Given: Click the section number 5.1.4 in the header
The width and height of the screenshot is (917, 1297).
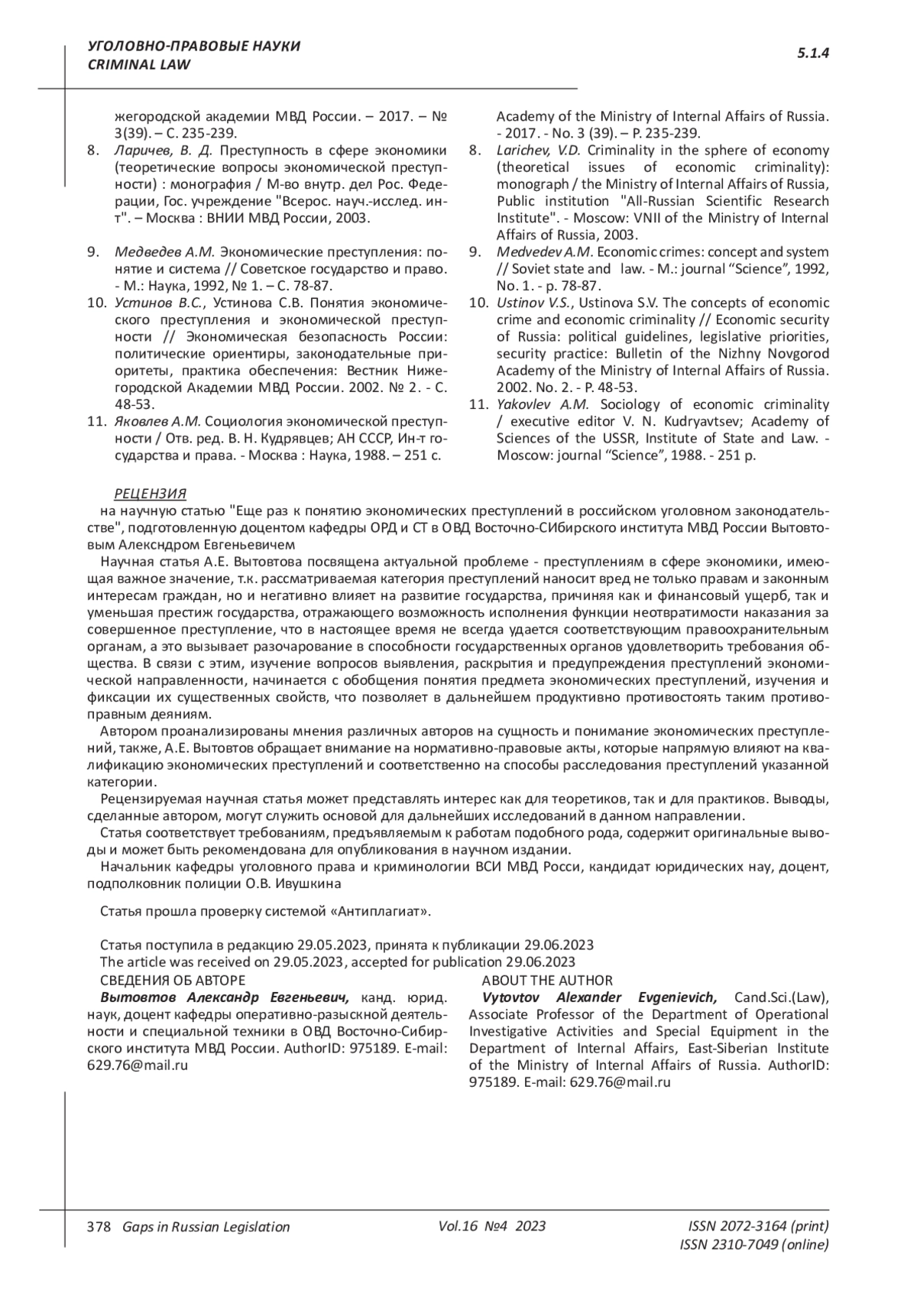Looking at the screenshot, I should [813, 53].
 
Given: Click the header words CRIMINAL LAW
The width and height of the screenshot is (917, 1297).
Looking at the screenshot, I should [139, 64].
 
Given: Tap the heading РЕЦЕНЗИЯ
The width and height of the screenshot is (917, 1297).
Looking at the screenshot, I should [150, 493].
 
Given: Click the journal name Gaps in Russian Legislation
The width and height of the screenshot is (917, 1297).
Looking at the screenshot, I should [201, 1227].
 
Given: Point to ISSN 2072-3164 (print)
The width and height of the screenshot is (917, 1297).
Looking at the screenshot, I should [758, 1226].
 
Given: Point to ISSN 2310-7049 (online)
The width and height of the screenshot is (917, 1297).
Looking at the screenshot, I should [753, 1244].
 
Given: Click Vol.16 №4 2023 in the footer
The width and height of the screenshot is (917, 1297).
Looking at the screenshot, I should [492, 1226].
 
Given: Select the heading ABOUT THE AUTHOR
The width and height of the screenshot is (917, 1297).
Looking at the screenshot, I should [547, 981].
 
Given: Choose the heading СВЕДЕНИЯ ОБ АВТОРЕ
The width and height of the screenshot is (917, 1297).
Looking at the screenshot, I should [173, 981].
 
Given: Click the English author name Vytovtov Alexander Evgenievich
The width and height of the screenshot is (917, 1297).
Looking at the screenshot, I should [600, 997].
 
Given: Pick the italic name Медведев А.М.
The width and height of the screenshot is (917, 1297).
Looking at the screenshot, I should [165, 252].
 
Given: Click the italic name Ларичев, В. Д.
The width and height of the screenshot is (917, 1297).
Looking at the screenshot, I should [164, 150].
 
